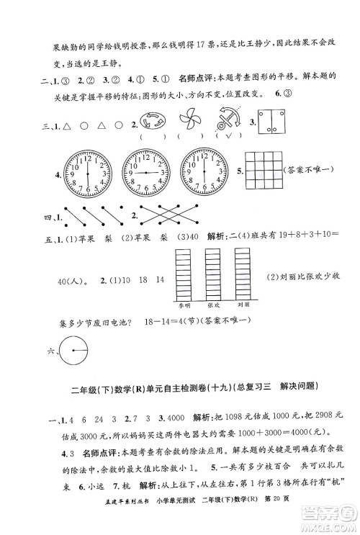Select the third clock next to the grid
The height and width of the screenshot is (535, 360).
[x=204, y=173]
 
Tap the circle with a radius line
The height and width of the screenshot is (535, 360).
[x=73, y=352]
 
